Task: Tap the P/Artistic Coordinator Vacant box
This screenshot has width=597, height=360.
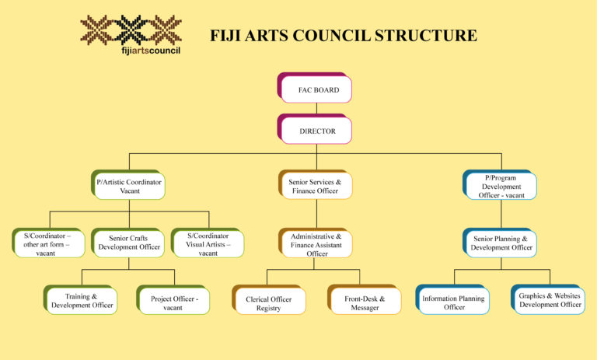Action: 129,186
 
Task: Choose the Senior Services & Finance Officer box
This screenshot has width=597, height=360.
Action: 315,186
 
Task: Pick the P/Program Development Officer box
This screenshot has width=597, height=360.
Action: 500,186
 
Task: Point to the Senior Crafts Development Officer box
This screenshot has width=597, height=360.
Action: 128,243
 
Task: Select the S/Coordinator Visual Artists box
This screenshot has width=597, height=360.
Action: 208,243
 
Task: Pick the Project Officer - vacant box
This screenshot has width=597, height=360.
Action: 173,301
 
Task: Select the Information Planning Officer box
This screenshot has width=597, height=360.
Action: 453,301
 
